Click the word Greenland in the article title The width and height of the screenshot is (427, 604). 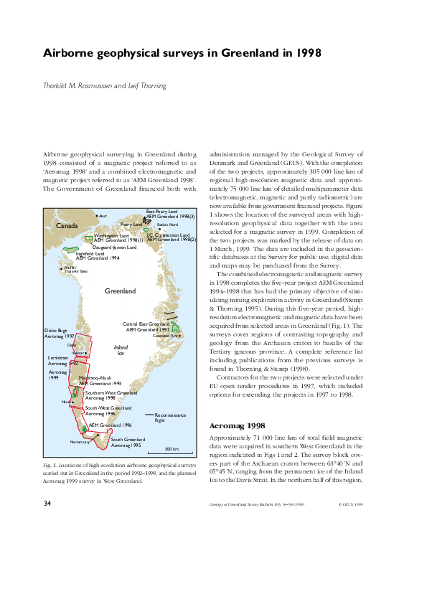pos(245,52)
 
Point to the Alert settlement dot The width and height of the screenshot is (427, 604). pos(96,215)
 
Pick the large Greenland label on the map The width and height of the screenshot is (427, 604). pos(120,292)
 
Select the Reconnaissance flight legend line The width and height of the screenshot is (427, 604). pos(150,415)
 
